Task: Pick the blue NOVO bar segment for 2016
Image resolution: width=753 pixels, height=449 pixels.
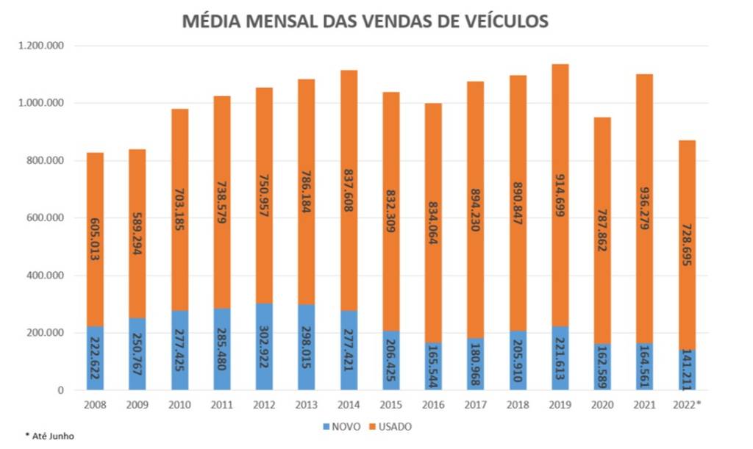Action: point(433,367)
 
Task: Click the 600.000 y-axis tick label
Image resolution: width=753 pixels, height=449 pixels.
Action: point(49,218)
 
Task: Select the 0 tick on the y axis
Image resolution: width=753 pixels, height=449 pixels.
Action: point(61,390)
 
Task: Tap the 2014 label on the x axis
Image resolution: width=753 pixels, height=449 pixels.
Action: point(349,404)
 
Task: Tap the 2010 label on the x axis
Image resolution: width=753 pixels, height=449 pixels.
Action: point(180,404)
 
